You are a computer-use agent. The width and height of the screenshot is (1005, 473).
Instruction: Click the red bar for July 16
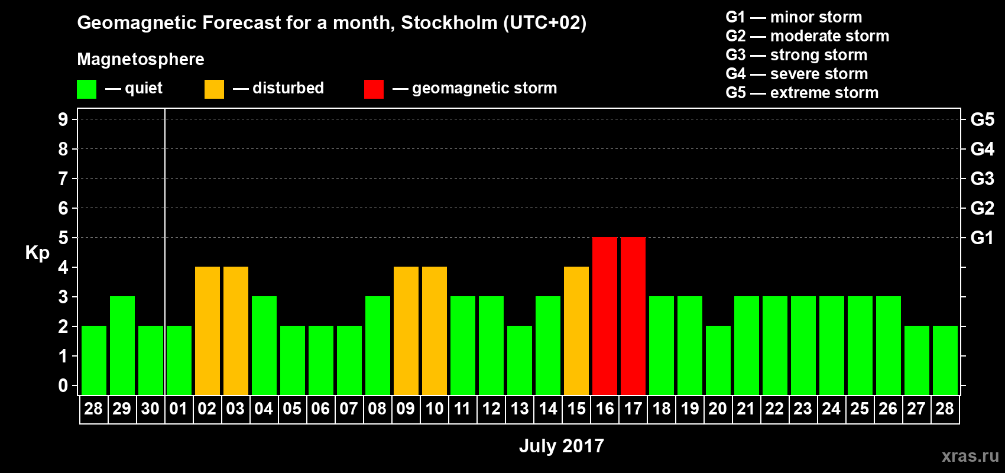pyautogui.click(x=605, y=316)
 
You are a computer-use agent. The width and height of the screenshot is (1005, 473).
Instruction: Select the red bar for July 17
pyautogui.click(x=633, y=316)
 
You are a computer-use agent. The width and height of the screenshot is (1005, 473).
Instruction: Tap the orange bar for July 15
pyautogui.click(x=576, y=331)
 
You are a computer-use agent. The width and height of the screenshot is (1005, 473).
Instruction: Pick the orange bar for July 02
pyautogui.click(x=208, y=331)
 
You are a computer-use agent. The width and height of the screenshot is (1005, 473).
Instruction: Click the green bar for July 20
pyautogui.click(x=718, y=360)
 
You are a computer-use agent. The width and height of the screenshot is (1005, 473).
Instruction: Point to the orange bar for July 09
pyautogui.click(x=406, y=331)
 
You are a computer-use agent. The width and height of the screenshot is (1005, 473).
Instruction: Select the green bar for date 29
pyautogui.click(x=122, y=345)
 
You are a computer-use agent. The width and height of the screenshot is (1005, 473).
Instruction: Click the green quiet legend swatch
pyautogui.click(x=86, y=89)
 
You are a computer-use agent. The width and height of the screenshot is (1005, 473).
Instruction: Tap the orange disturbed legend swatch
pyautogui.click(x=214, y=89)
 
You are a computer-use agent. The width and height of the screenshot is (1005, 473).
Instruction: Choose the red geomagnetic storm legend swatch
pyautogui.click(x=374, y=89)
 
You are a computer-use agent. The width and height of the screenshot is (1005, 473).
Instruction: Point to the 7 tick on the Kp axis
pyautogui.click(x=63, y=179)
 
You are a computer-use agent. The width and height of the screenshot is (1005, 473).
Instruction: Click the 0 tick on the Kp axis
pyautogui.click(x=63, y=385)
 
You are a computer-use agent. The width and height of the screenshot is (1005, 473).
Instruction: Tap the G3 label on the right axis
pyautogui.click(x=982, y=179)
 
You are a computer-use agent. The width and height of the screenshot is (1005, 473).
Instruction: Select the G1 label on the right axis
pyautogui.click(x=982, y=238)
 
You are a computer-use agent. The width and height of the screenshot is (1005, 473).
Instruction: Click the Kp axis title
pyautogui.click(x=37, y=253)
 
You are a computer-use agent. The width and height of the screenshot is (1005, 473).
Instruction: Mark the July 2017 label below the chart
pyautogui.click(x=561, y=446)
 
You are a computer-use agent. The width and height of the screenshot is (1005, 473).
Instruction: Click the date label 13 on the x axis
pyautogui.click(x=520, y=409)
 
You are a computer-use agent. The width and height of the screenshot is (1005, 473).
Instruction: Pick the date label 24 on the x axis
pyautogui.click(x=831, y=409)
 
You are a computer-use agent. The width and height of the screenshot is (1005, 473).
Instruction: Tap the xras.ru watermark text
pyautogui.click(x=970, y=456)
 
